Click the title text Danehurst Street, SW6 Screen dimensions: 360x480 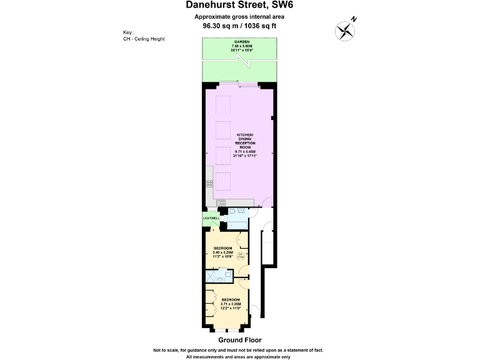240,6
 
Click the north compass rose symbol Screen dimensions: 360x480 344,29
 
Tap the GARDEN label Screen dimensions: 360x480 240,42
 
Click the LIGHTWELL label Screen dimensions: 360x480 211,218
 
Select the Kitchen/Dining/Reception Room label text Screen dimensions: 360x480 246,143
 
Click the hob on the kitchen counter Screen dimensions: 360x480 209,184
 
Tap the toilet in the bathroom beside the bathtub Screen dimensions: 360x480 231,212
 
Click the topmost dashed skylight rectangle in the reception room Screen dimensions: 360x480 223,103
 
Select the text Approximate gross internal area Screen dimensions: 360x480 240,16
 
